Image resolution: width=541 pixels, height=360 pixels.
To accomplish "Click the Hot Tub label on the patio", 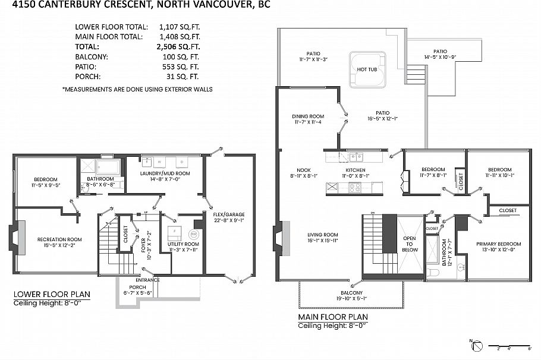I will pos(367,70).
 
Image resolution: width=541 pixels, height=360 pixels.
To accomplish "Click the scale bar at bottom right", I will pos(509,345).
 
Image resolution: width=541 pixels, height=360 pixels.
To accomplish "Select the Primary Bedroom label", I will pos(499,244).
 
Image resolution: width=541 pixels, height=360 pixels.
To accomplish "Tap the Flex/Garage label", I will pos(229,214).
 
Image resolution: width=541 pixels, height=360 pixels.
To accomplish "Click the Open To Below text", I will pos(409,244).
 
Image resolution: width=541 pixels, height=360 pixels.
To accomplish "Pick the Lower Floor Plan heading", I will pos(52,294).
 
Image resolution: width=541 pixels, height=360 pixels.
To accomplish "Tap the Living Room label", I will pos(322,235).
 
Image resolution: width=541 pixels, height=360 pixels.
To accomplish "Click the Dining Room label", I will pos(308,116).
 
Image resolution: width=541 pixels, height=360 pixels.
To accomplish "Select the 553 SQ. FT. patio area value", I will pos(180,67).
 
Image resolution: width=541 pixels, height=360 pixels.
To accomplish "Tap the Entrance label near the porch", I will pos(147,280).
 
